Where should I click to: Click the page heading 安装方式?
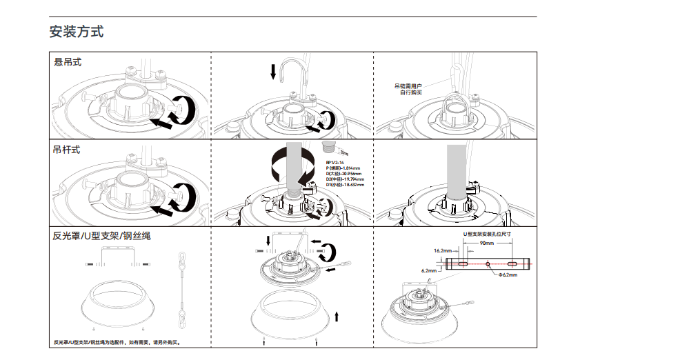click(x=77, y=32)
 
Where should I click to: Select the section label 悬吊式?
click(x=68, y=63)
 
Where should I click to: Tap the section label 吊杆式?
click(x=67, y=150)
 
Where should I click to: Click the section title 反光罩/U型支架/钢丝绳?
click(x=101, y=236)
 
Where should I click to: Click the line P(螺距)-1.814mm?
click(x=343, y=168)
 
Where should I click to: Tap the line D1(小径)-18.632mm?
click(x=345, y=185)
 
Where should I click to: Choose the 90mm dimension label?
click(x=488, y=243)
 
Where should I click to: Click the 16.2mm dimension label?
click(x=443, y=251)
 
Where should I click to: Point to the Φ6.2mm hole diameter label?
click(x=508, y=274)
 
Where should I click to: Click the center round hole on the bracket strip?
click(x=488, y=264)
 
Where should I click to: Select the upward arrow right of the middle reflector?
click(x=337, y=316)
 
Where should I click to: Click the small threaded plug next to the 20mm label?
click(x=328, y=147)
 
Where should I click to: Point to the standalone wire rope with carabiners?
click(x=182, y=290)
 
